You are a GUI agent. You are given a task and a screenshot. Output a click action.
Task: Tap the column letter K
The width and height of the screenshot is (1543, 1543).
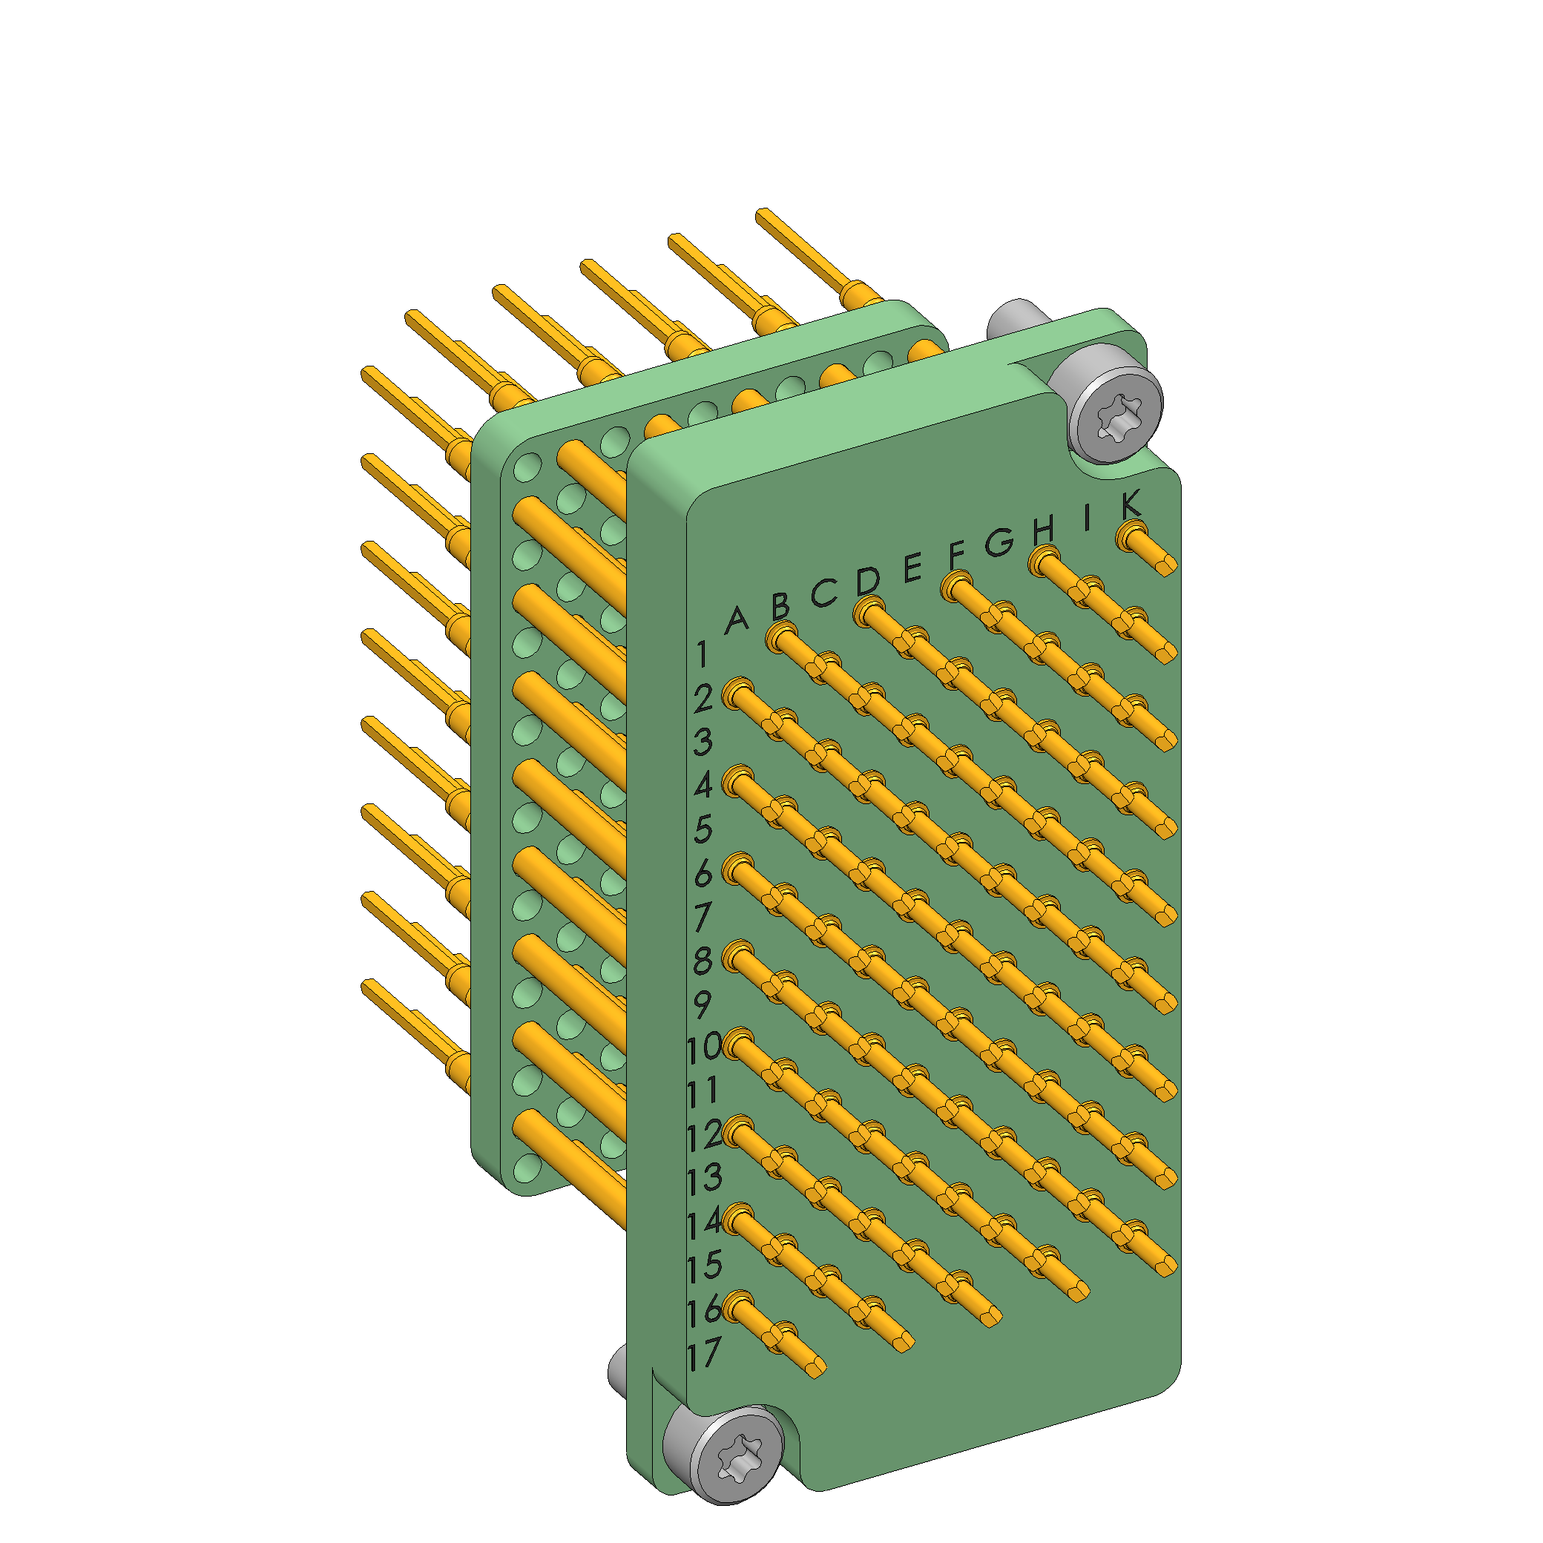[1130, 504]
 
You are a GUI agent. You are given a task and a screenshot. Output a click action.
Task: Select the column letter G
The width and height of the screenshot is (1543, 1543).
[999, 542]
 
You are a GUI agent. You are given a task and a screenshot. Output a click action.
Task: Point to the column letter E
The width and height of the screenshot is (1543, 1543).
[913, 569]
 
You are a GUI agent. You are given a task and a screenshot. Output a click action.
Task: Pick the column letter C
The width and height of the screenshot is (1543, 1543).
[824, 593]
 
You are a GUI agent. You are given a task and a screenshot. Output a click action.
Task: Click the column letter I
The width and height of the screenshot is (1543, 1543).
[1086, 518]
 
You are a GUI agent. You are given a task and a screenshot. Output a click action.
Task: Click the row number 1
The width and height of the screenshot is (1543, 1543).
[701, 654]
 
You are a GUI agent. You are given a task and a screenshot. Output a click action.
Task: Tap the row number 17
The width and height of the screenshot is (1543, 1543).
[703, 1353]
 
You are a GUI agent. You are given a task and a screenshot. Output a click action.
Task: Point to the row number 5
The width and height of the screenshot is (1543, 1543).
[703, 829]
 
